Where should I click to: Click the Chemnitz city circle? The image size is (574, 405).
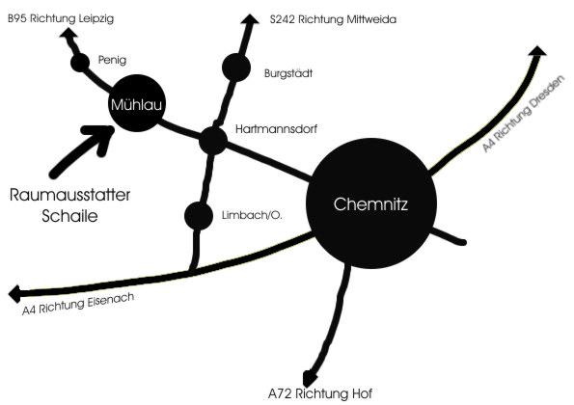coord(371,203)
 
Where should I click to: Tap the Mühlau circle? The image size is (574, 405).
coord(137,103)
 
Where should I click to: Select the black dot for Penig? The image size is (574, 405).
coord(80,63)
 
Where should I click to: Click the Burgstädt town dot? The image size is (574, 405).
coord(236,67)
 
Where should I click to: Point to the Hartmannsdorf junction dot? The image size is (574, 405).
coord(213,141)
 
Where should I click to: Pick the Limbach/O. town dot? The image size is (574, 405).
coord(199,216)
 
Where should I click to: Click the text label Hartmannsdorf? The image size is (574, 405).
coord(276,129)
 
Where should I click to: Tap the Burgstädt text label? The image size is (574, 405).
coord(288,73)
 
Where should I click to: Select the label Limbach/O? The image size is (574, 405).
coord(252,215)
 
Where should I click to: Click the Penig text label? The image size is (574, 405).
coord(112,60)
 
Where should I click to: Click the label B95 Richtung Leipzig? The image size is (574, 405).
coord(61,18)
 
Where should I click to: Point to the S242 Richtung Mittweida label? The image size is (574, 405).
coord(333,19)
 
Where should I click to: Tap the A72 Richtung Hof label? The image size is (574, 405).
coord(320,393)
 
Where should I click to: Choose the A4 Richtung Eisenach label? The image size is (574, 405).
coord(78,304)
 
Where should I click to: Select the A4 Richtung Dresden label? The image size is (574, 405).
coord(524,114)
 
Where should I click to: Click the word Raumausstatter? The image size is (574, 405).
coord(69,195)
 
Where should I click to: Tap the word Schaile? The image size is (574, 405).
coord(69,216)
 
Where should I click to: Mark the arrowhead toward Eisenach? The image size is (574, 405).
coord(15,294)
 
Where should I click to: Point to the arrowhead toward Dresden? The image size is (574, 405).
coord(537,51)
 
